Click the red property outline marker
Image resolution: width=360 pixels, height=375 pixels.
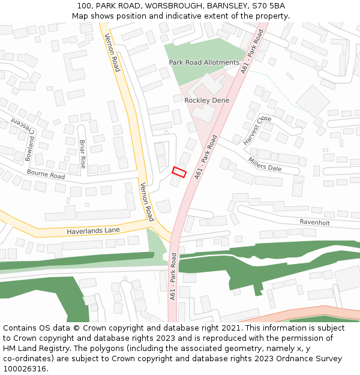click(179, 172)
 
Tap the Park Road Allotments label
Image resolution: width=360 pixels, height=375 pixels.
click(204, 62)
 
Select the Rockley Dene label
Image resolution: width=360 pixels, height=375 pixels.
click(206, 100)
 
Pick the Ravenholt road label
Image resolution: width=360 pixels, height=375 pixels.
click(315, 222)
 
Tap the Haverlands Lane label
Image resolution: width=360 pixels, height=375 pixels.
click(93, 230)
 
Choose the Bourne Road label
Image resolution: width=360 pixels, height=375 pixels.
click(46, 175)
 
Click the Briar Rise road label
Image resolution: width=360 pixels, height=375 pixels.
click(83, 154)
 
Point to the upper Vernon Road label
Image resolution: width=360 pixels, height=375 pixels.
click(112, 52)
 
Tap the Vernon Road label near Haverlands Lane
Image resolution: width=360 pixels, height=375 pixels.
click(147, 202)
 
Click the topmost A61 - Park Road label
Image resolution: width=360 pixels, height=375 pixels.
click(252, 52)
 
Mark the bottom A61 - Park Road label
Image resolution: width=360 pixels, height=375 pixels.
click(173, 276)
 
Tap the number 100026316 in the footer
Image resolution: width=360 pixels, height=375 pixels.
click(25, 369)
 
